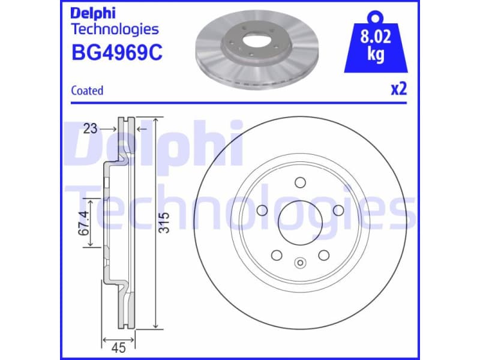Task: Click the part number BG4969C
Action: (116, 53)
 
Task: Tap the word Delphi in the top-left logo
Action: (93, 13)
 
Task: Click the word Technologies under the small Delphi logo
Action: (115, 29)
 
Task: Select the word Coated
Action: (87, 91)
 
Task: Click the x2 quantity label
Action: (399, 89)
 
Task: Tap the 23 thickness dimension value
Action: (91, 128)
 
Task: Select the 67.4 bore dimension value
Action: (84, 222)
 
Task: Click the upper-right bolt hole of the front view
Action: (338, 210)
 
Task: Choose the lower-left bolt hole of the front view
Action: (277, 255)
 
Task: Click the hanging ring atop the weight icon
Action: (376, 14)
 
